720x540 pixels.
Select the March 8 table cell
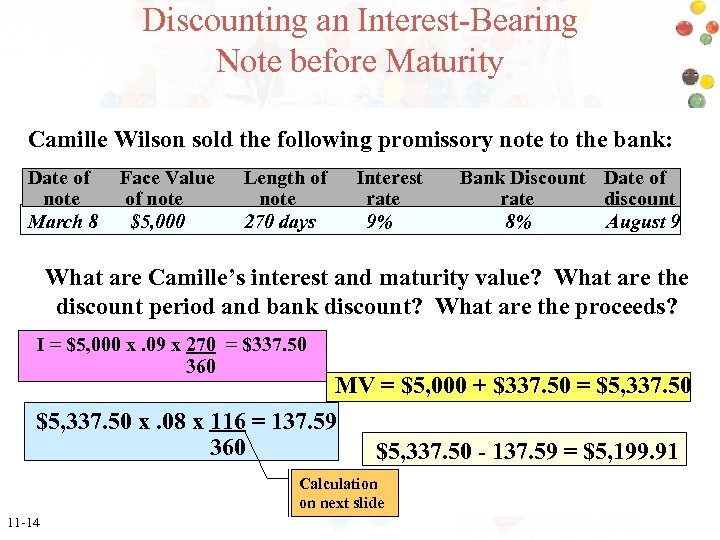[x=63, y=221]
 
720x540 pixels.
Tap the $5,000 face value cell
[x=158, y=221]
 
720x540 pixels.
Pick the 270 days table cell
[x=280, y=221]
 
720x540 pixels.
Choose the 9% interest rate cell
[x=380, y=221]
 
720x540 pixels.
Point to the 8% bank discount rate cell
[x=518, y=221]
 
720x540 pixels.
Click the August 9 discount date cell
[x=642, y=221]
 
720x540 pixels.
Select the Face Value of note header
[x=166, y=188]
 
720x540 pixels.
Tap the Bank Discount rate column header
[x=522, y=188]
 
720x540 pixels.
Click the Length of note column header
[x=285, y=188]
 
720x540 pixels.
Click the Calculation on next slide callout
[x=341, y=493]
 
